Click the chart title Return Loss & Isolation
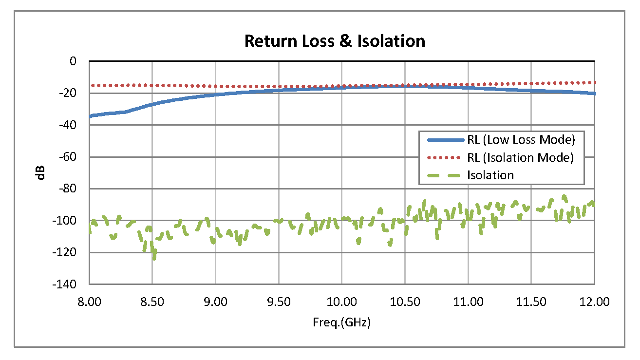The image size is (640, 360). pos(335,41)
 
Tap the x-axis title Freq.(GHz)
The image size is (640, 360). pos(341,322)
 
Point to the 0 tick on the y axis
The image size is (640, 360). pos(73,61)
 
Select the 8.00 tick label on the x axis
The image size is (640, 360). pos(89,302)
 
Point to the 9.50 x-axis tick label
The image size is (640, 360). pos(279,302)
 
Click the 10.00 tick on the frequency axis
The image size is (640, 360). pos(341,302)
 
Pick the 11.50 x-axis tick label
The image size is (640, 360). pos(531,302)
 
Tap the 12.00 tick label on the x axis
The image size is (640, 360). pos(594,302)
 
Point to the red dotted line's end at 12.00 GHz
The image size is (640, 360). pos(594,82)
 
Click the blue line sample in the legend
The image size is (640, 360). pos(445,140)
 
